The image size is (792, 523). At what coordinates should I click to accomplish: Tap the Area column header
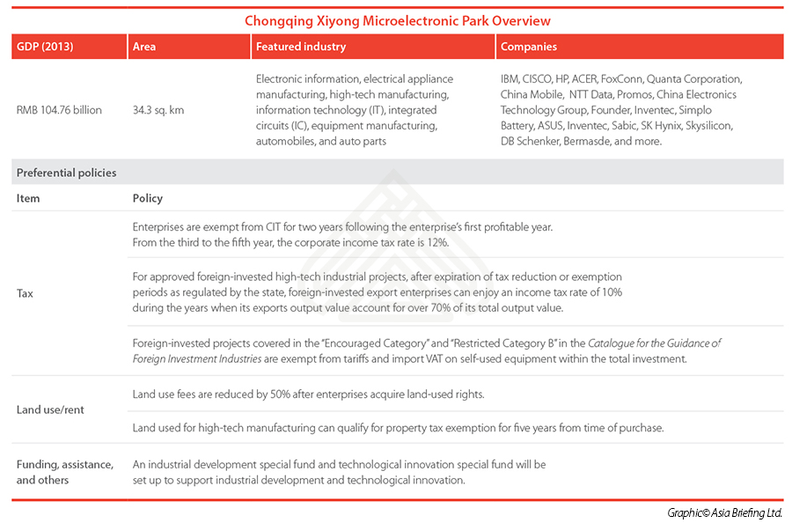(143, 47)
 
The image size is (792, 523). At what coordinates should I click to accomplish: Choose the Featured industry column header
(301, 47)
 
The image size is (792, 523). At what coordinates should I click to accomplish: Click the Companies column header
(528, 47)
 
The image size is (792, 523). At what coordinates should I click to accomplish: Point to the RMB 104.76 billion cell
(59, 110)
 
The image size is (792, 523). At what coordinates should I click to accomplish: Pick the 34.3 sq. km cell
(158, 110)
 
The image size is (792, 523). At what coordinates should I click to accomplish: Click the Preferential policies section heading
(66, 173)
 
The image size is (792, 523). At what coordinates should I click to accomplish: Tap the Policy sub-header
(147, 198)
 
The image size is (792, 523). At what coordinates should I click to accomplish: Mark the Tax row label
(25, 293)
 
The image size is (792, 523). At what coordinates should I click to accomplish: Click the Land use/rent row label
(50, 409)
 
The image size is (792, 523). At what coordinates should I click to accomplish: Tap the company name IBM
(511, 78)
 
